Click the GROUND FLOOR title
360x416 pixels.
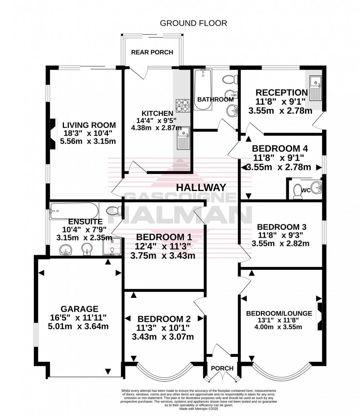click(193, 23)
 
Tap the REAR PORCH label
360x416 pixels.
click(152, 52)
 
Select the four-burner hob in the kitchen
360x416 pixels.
click(182, 106)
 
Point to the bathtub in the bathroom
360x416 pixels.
click(203, 90)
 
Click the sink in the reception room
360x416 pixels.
click(315, 88)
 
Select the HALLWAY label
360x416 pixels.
click(201, 187)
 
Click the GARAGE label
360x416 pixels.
click(80, 309)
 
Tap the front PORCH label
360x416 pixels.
click(222, 368)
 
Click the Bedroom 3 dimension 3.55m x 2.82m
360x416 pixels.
click(280, 243)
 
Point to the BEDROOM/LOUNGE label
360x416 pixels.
click(279, 313)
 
